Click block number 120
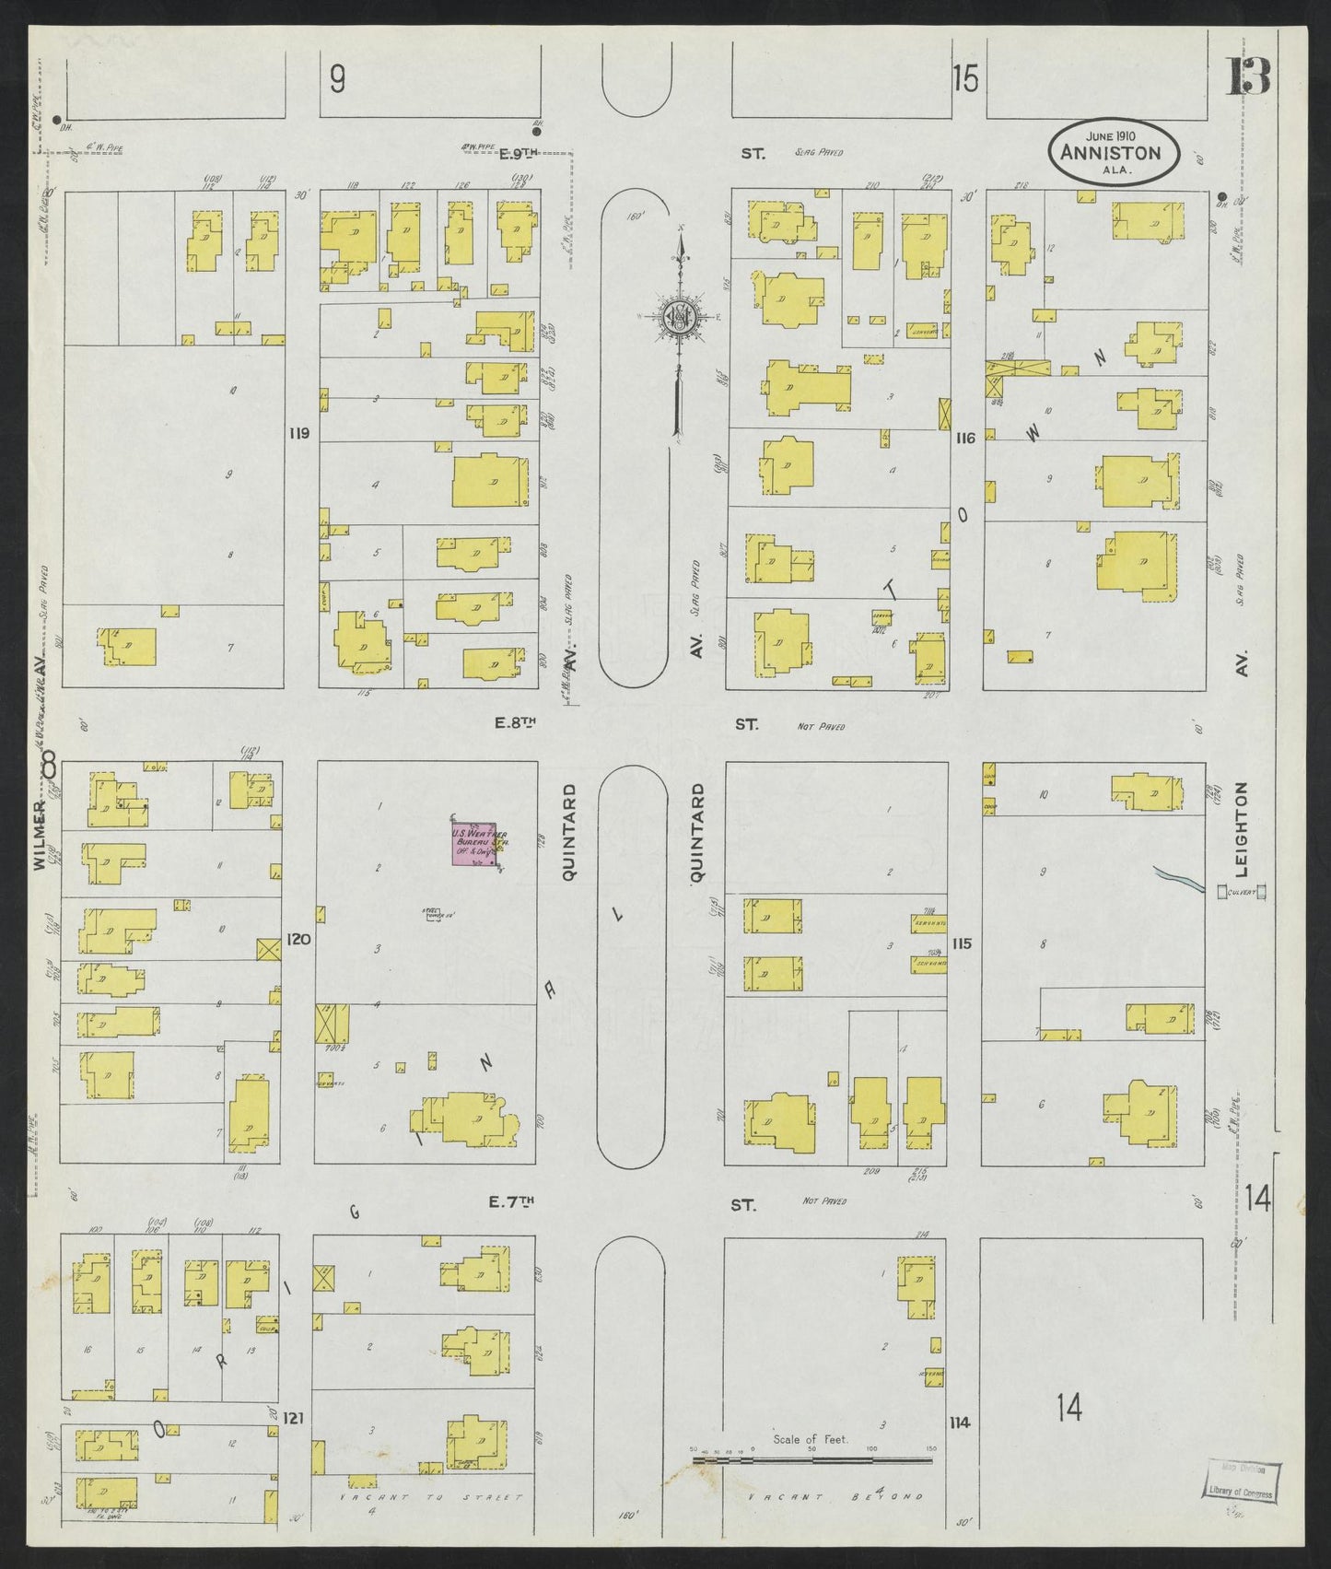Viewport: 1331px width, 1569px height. point(299,940)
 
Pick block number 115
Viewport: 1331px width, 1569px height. point(963,943)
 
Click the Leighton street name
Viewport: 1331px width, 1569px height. point(1241,829)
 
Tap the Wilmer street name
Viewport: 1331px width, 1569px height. point(40,834)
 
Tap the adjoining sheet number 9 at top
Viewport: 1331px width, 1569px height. point(337,81)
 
